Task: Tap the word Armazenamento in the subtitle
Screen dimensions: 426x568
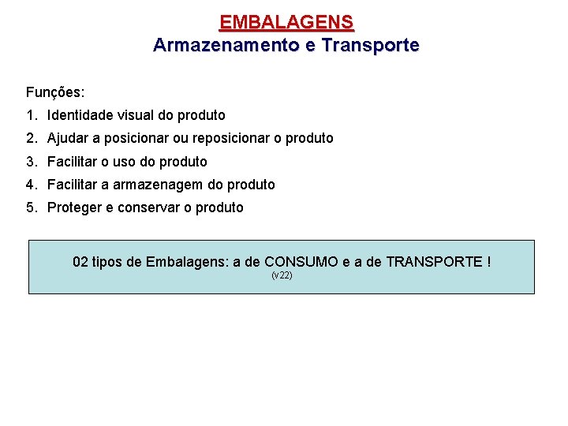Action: tap(224, 45)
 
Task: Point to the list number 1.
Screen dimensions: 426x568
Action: tap(30, 115)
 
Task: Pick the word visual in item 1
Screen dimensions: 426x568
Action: tap(136, 115)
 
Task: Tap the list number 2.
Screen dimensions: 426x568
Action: tap(30, 138)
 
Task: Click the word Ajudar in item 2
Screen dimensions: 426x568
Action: tap(68, 138)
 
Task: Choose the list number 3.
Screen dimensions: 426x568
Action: tap(30, 162)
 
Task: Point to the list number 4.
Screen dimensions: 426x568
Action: tap(30, 185)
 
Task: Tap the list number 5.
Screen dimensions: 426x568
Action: tap(30, 207)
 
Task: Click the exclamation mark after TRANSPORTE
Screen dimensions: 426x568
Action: tap(489, 261)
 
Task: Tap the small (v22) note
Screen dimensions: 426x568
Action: tap(282, 275)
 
